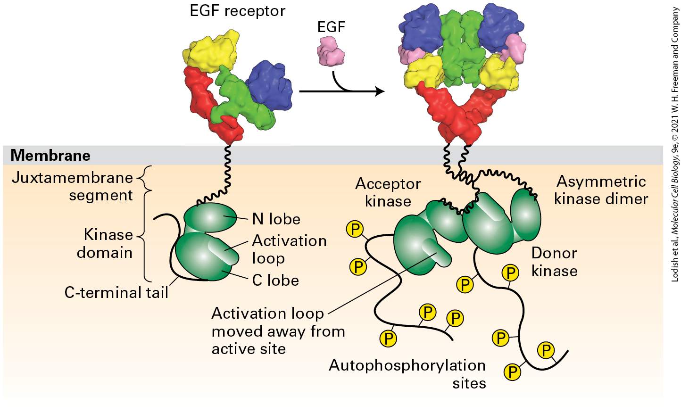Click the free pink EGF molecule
331,51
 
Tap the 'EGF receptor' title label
237,11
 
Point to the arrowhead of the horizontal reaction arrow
380,91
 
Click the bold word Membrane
50,155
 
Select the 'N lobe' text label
276,219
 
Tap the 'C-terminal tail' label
116,293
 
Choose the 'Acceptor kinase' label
388,192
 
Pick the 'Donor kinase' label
554,262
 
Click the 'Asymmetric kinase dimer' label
601,190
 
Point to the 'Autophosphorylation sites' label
407,374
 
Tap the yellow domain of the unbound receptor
211,50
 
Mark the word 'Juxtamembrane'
72,178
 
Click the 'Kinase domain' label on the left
105,244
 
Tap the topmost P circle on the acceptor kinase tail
355,230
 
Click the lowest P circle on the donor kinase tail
512,372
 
